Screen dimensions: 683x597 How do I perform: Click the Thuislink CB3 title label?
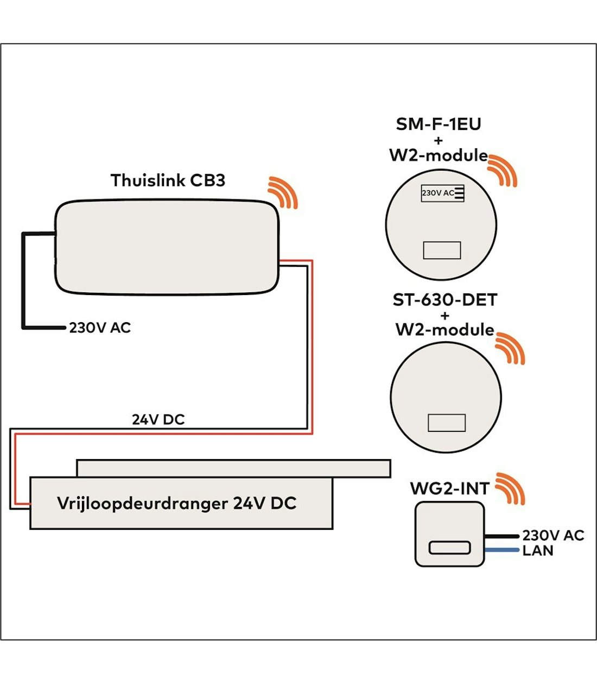[x=168, y=180]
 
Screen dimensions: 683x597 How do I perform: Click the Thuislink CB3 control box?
[x=167, y=247]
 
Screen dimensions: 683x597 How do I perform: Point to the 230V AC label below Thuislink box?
[x=100, y=328]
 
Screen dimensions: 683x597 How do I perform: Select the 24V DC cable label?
[x=158, y=419]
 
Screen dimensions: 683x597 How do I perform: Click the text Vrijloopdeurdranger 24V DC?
[x=176, y=503]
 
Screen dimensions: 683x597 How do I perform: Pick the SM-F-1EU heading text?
[x=438, y=124]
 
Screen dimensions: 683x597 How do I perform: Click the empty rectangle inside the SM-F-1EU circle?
[x=442, y=250]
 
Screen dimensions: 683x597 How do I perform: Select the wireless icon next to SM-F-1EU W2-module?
[x=503, y=170]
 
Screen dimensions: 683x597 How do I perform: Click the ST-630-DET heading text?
[x=444, y=300]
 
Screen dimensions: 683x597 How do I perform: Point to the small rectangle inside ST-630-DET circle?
[x=446, y=423]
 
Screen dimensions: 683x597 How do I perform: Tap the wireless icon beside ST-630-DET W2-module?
[x=511, y=348]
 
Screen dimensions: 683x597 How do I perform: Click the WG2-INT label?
[x=449, y=488]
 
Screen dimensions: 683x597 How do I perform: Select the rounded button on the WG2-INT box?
[x=449, y=548]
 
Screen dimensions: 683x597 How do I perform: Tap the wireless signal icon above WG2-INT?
[x=511, y=488]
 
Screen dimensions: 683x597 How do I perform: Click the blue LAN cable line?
[x=501, y=550]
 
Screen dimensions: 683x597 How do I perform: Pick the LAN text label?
[x=537, y=551]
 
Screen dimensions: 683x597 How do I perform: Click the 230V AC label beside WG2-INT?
[x=552, y=536]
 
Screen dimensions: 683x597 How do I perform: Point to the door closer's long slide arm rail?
[x=233, y=468]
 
